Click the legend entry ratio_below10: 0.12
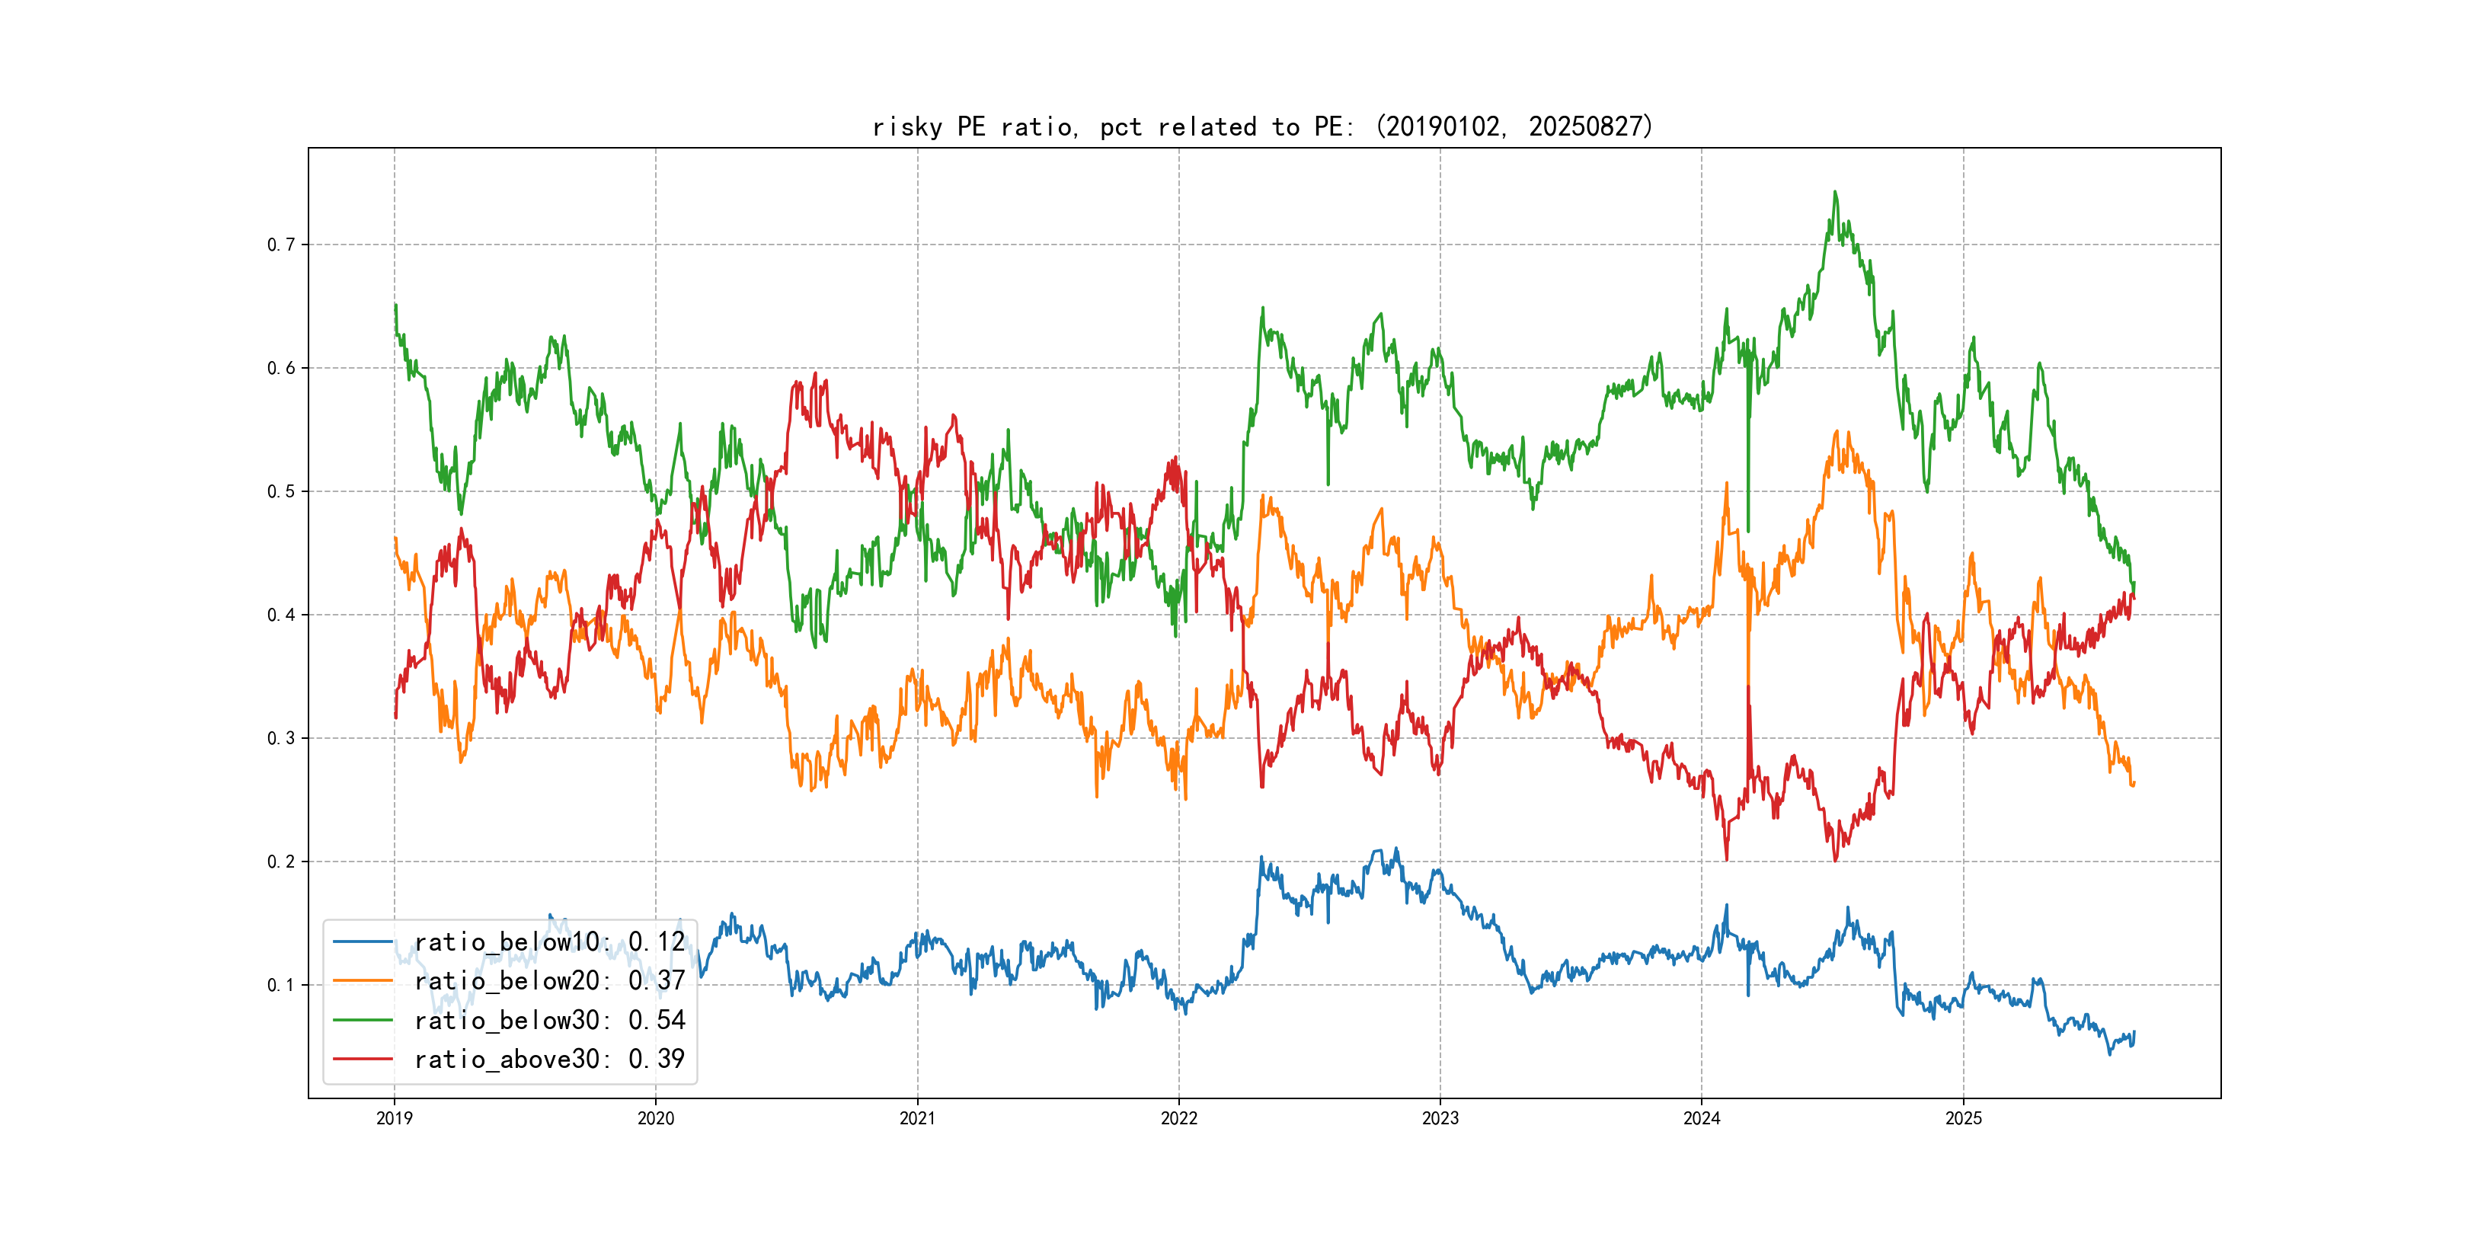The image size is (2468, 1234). coord(549,941)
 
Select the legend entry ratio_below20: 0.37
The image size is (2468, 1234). coord(549,981)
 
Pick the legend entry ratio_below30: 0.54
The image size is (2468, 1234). coord(549,1021)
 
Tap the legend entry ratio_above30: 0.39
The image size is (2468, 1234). coord(549,1059)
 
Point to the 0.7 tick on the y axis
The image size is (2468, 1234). coord(281,245)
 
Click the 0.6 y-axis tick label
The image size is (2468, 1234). coord(281,369)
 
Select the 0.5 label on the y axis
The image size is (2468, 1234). coord(281,492)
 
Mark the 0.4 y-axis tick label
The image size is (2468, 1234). coord(281,615)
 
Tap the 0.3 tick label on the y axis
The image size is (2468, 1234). coord(281,739)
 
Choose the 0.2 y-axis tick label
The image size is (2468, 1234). coord(281,862)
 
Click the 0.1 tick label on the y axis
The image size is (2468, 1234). coord(281,986)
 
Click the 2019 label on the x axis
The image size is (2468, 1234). coord(394,1118)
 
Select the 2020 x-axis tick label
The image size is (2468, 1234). coord(655,1118)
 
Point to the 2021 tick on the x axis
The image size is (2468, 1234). coord(917,1118)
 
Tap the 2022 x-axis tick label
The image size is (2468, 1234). coord(1178,1118)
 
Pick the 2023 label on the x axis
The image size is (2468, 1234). coord(1440,1118)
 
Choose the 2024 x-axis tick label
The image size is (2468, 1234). coord(1702,1118)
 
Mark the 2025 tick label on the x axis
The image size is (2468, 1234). coord(1963,1118)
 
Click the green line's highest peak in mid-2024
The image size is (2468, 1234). coord(1835,193)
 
